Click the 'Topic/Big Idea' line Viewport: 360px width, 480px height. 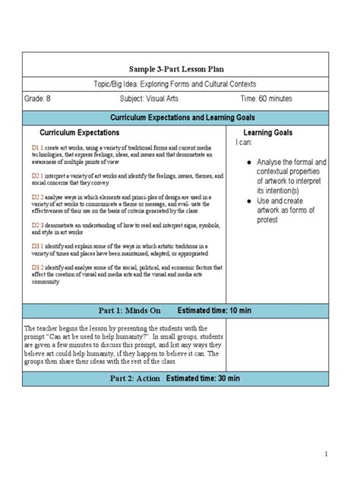(x=175, y=83)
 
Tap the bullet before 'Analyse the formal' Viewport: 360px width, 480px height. (x=250, y=163)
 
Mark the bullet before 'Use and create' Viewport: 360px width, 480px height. (x=250, y=201)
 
